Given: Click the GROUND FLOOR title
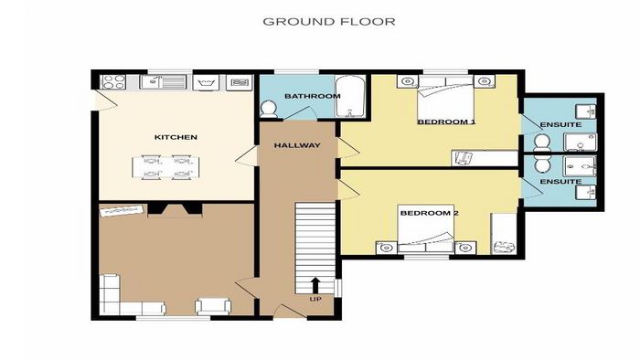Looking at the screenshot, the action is (328, 22).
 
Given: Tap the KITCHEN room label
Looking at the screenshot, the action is (176, 137).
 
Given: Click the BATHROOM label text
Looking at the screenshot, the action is (313, 96).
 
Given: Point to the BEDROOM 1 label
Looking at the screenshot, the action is (446, 122).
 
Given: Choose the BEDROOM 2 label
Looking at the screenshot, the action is (430, 213).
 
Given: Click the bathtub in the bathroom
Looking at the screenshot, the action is (350, 97).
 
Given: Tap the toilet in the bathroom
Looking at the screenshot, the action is (269, 109).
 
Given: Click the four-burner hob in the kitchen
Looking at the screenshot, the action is (112, 82).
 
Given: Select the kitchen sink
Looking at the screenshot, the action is (163, 82).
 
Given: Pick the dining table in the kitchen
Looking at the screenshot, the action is (165, 167).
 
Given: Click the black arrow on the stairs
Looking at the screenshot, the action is (315, 285).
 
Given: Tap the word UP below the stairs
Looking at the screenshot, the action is (315, 300).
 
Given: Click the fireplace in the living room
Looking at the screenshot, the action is (176, 209).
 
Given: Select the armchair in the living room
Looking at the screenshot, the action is (213, 306).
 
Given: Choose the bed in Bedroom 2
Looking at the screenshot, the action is (426, 228).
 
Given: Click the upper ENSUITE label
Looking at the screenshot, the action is (560, 124).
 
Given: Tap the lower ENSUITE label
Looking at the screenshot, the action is (560, 182).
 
